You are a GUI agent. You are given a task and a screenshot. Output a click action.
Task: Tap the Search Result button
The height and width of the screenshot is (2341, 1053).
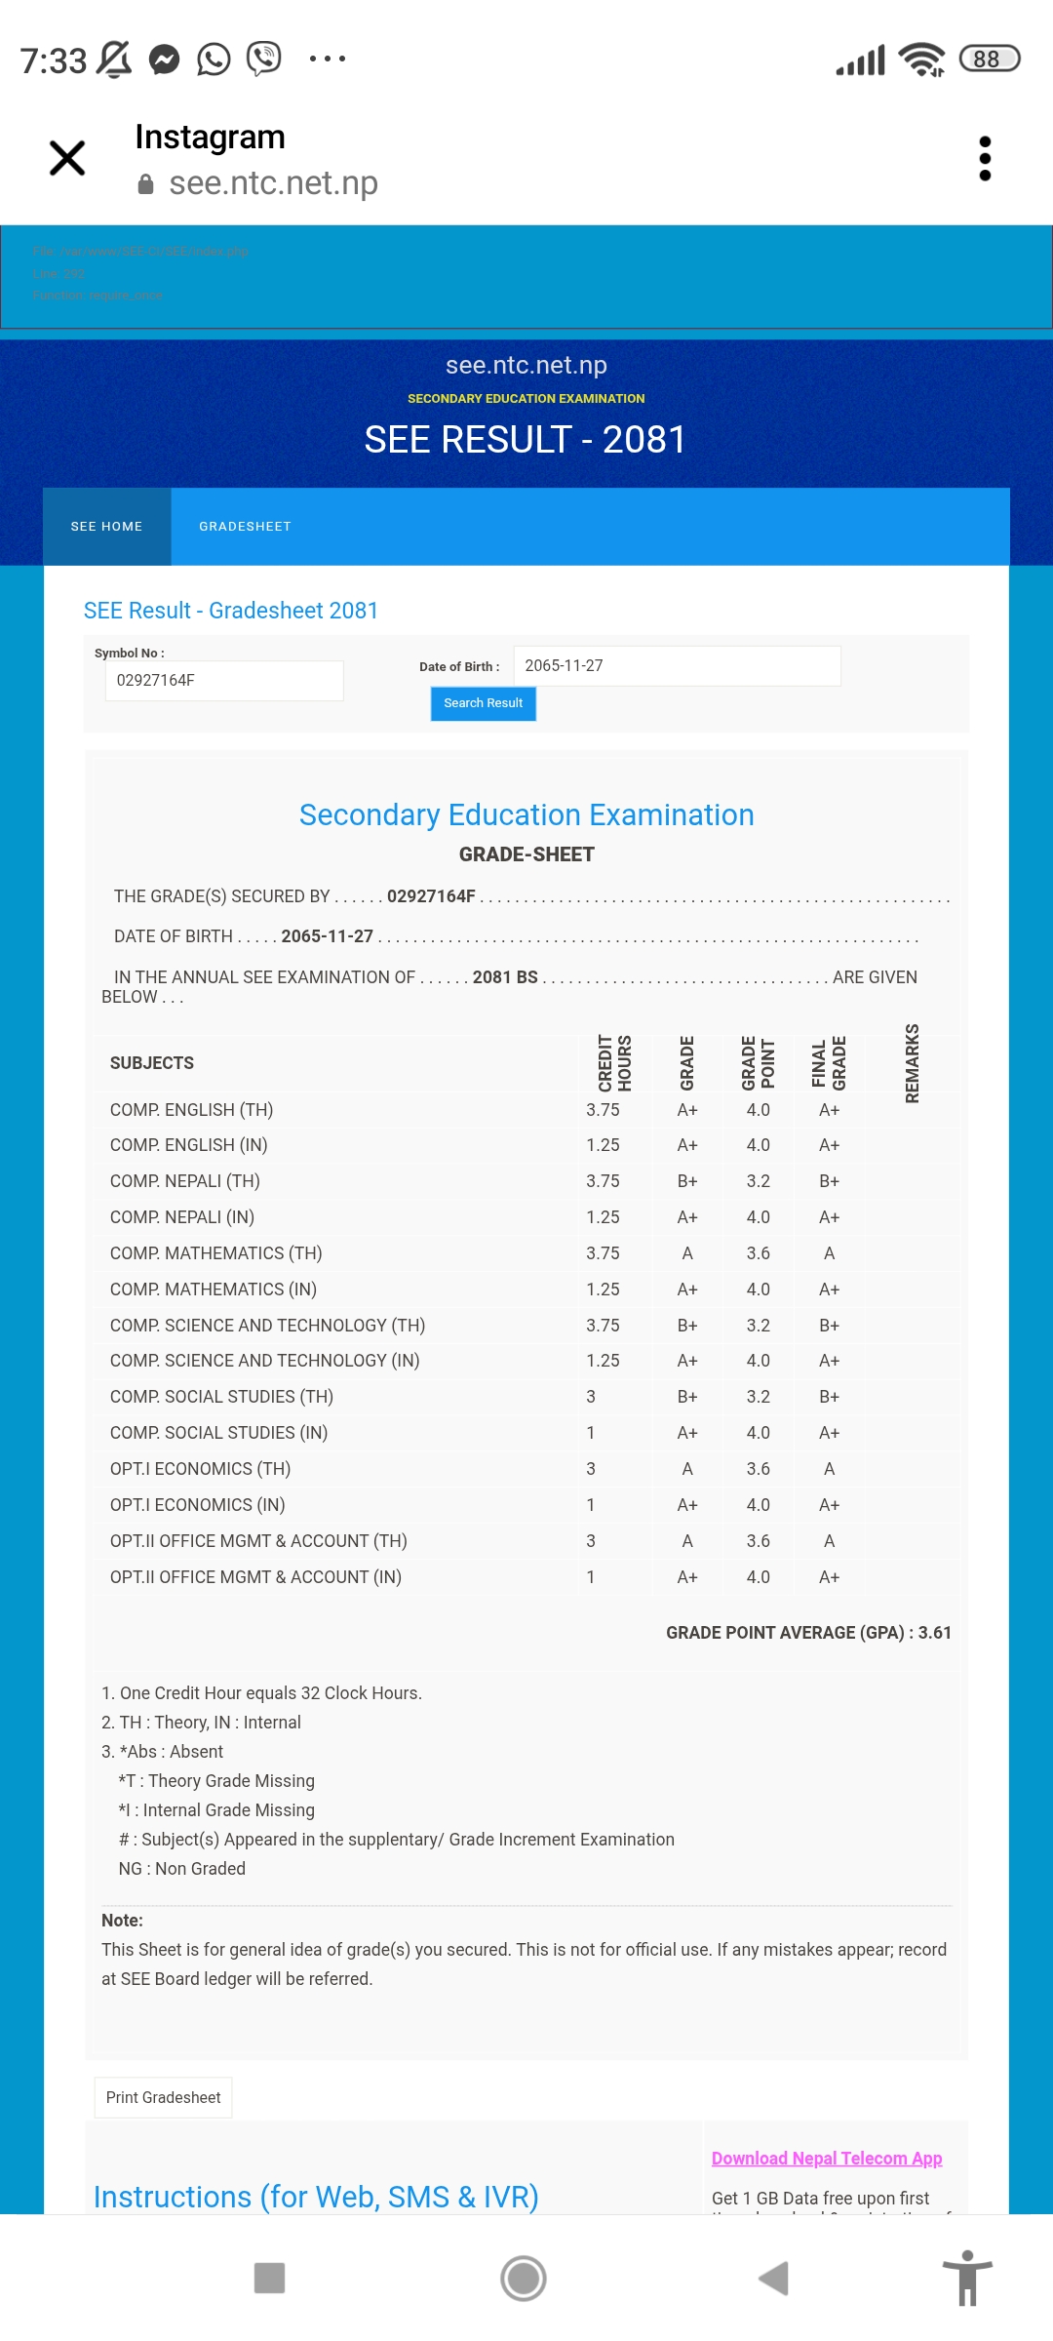click(x=483, y=703)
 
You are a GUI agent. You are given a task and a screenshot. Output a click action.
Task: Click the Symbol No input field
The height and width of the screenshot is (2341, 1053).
click(x=224, y=681)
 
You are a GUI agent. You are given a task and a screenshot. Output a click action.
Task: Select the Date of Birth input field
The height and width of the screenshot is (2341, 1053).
click(x=677, y=666)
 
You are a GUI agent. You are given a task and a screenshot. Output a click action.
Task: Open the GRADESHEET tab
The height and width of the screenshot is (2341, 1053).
click(x=245, y=527)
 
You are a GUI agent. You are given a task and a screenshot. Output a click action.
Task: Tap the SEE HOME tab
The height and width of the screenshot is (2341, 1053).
click(x=106, y=527)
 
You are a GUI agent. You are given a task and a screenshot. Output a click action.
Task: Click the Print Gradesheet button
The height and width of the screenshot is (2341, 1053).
click(x=163, y=2097)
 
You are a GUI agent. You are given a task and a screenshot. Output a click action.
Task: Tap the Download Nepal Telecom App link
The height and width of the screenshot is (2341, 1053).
click(x=827, y=2159)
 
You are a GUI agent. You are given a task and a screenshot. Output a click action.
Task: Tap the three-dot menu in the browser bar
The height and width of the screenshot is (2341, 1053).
click(x=985, y=158)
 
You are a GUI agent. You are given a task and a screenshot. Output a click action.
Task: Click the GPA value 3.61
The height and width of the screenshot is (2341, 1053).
click(x=934, y=1633)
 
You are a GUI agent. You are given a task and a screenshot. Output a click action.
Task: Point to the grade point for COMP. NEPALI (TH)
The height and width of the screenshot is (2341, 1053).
click(x=758, y=1181)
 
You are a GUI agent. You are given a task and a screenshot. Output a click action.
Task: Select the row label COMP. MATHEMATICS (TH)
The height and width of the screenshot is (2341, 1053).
click(x=215, y=1253)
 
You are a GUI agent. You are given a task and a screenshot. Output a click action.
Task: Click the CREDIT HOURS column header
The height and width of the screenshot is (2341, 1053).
click(x=614, y=1063)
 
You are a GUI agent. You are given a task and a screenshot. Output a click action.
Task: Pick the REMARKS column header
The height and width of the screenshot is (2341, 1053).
click(x=912, y=1063)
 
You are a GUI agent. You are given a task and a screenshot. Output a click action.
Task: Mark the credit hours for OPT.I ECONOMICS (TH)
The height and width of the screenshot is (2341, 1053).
click(x=591, y=1469)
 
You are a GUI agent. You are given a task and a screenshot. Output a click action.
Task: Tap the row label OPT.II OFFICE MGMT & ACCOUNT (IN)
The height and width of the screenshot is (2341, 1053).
click(x=255, y=1577)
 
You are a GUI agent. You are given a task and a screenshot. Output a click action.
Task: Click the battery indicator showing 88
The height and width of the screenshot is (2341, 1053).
click(x=989, y=60)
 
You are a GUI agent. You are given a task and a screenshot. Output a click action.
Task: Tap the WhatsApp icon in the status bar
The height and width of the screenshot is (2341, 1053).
click(x=214, y=60)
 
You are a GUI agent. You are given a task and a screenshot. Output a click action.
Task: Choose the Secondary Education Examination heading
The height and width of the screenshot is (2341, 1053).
click(x=526, y=814)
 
